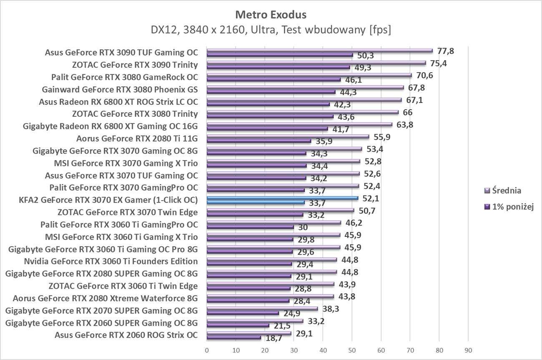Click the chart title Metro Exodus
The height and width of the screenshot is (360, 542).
point(271,15)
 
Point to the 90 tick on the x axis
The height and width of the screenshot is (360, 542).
point(468,350)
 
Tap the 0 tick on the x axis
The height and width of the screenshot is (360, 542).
point(207,350)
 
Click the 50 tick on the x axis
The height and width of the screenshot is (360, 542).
point(352,350)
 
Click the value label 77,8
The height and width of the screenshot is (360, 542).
point(445,51)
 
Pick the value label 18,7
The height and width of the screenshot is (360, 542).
point(274,338)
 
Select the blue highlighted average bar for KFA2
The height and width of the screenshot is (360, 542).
point(282,198)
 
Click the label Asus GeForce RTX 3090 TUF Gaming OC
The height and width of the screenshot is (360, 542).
point(121,53)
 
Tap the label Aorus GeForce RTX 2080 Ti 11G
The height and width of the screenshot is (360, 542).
point(137,138)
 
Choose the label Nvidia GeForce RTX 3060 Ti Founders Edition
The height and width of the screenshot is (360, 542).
point(111,262)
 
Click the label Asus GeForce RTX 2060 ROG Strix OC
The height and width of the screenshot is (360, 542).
point(126,335)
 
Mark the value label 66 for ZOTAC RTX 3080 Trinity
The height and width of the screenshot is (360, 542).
point(407,113)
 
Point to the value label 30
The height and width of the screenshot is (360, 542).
point(303,228)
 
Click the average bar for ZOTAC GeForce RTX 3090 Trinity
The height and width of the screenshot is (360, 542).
point(316,63)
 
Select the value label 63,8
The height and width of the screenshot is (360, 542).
point(405,125)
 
